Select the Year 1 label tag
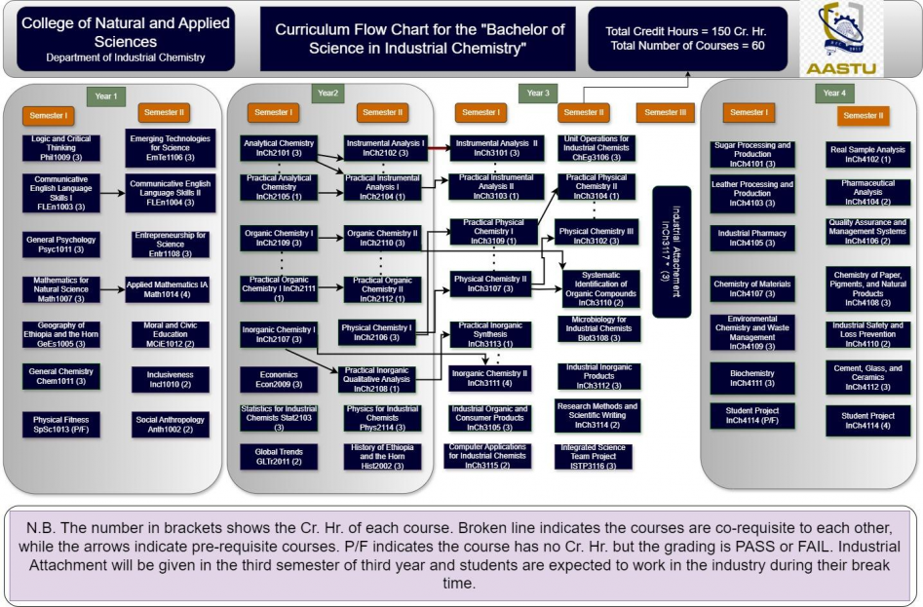coord(104,95)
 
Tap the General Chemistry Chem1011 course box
coord(60,376)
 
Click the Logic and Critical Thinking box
coord(60,148)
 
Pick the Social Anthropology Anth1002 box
coord(164,422)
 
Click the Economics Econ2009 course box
coord(279,379)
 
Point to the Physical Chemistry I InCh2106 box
coord(377,333)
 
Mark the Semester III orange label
coord(667,112)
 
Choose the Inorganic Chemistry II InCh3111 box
coord(493,378)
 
